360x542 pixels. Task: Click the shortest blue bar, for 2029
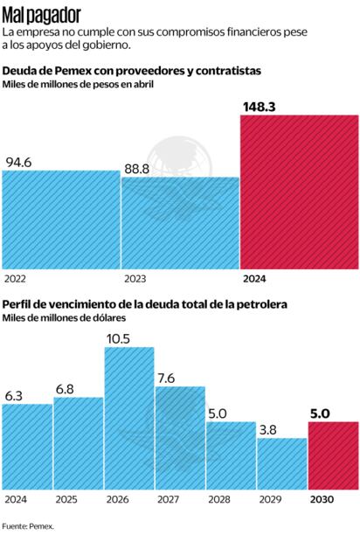point(281,462)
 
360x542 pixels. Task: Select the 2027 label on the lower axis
point(169,499)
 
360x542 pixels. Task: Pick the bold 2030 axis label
point(322,499)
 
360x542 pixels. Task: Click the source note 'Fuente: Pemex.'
point(28,526)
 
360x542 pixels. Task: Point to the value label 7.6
point(168,377)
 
